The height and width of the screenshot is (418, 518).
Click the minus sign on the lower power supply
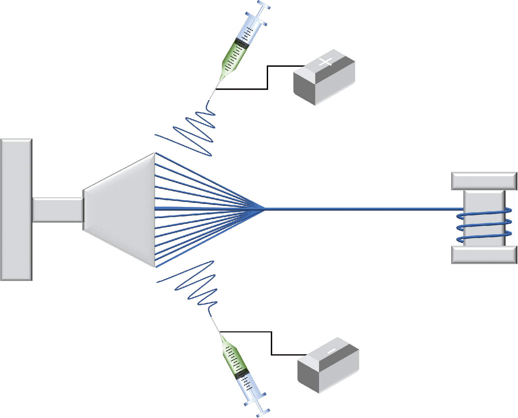pos(331,351)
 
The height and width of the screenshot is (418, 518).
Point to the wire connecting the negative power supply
pos(271,344)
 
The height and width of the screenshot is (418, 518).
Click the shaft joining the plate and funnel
pos(58,210)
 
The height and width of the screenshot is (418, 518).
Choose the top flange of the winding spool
pos(484,181)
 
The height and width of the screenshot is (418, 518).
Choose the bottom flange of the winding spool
pos(484,255)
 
